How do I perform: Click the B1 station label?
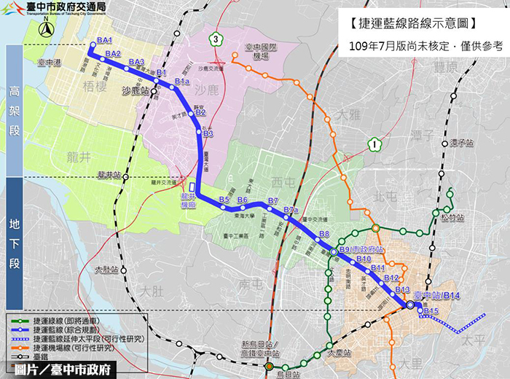click(x=162, y=73)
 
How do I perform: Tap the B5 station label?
click(x=224, y=200)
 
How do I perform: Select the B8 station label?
click(x=324, y=234)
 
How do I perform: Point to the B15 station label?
click(x=431, y=312)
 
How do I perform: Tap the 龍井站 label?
click(x=107, y=175)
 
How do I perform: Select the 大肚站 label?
click(x=106, y=270)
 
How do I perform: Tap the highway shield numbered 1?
click(x=374, y=144)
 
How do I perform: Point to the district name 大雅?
click(x=350, y=114)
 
